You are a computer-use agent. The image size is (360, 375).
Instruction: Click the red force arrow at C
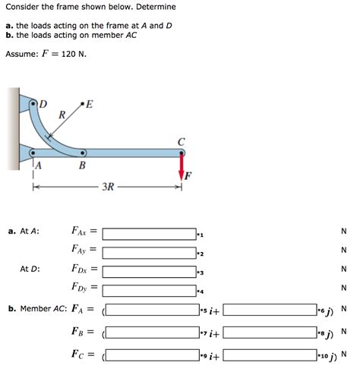182,163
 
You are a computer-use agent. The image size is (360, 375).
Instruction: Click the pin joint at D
33,102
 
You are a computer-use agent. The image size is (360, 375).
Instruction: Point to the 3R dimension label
109,186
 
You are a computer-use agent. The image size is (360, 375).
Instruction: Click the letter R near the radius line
61,115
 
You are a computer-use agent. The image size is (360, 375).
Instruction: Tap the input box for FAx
149,232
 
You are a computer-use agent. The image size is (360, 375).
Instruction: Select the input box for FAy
149,251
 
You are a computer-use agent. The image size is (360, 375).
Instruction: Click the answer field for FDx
149,270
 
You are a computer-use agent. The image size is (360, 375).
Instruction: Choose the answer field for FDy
149,289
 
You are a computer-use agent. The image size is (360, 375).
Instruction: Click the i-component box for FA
151,310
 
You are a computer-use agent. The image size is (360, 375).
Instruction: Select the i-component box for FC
151,355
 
